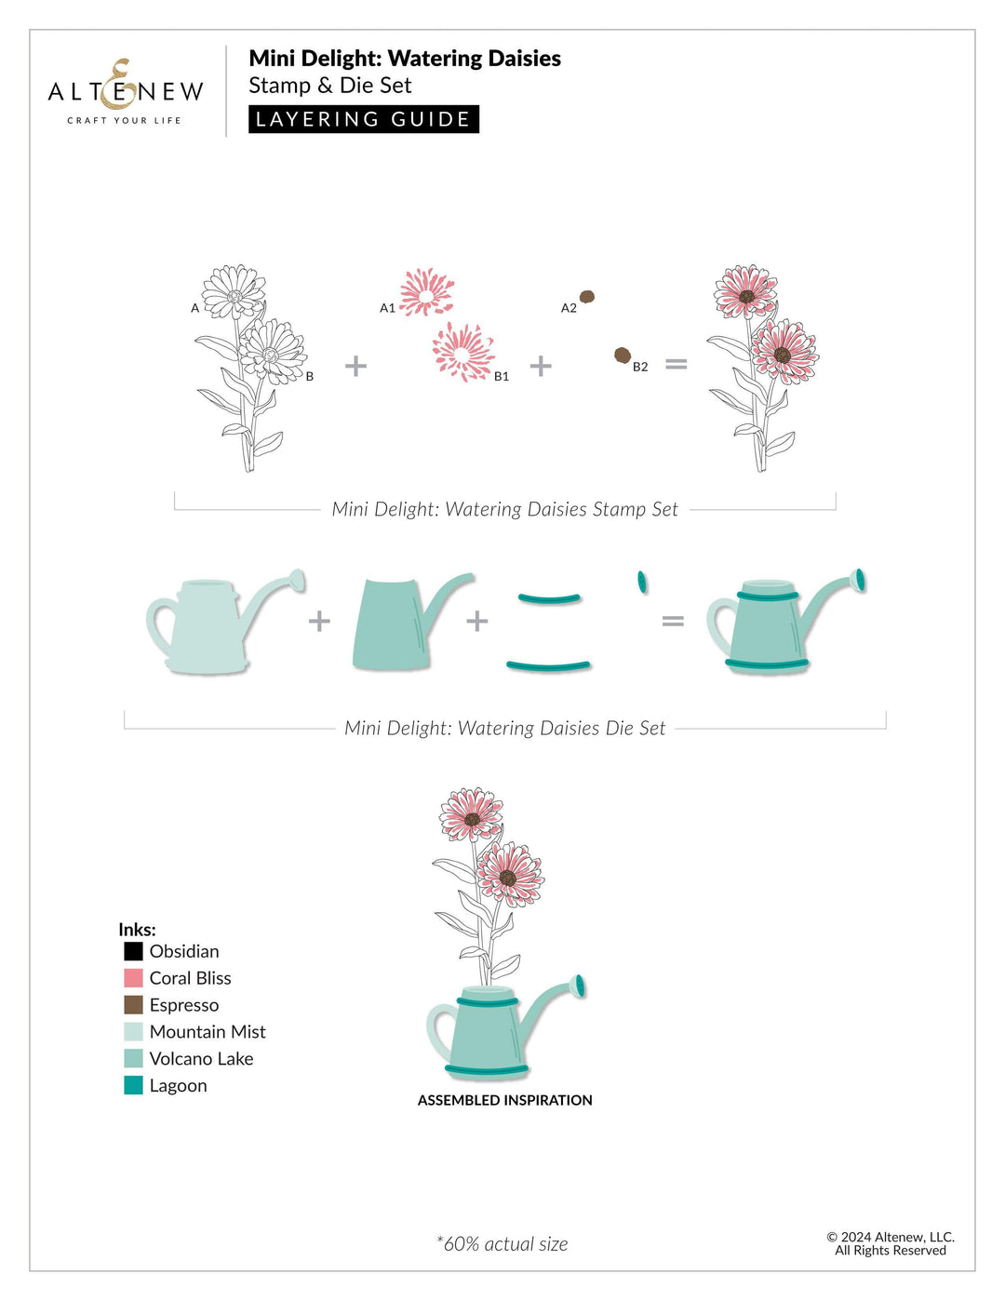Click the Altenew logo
(126, 92)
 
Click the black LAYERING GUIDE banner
(363, 119)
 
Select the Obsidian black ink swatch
(133, 951)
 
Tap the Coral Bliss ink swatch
(133, 978)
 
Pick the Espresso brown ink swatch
(133, 1005)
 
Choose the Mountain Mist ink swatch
(133, 1031)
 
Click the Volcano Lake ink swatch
(133, 1058)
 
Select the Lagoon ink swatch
(133, 1085)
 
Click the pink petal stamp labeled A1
(427, 293)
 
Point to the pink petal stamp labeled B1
(462, 352)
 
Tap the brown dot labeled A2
(587, 297)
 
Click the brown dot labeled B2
(623, 355)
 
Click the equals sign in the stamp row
(677, 365)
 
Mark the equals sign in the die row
(673, 621)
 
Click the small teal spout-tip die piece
(642, 583)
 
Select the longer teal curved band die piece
(548, 665)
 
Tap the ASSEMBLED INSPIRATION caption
(504, 1100)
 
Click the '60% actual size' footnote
(502, 1244)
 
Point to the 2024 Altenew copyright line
(891, 1238)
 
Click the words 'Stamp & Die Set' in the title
(329, 86)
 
